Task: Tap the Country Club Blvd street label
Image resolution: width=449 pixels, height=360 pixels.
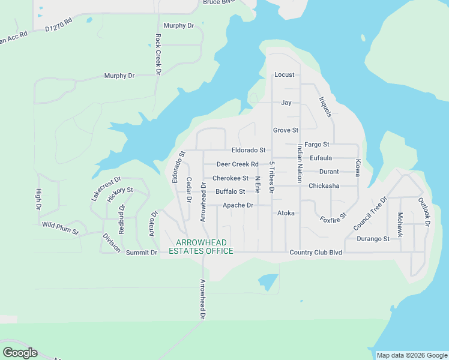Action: [x=315, y=253]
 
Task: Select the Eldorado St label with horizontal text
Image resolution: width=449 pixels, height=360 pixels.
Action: [x=248, y=150]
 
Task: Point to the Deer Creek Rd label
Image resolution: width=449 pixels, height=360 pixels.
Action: [x=237, y=164]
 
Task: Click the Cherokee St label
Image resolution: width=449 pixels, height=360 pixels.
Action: [x=231, y=178]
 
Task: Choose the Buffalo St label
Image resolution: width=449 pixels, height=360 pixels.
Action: [x=231, y=192]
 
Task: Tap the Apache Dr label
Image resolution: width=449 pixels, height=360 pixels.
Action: [x=238, y=205]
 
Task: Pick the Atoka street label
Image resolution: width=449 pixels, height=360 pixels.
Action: [x=286, y=213]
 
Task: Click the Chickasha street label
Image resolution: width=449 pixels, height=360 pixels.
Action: [x=324, y=186]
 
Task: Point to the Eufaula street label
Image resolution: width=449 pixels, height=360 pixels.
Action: [x=321, y=158]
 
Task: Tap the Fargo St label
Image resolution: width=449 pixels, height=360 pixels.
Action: [x=317, y=145]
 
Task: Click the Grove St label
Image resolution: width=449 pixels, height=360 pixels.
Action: [x=286, y=130]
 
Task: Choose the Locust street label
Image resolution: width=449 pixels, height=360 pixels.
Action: [x=285, y=75]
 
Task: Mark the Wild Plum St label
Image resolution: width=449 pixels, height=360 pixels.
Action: [x=61, y=228]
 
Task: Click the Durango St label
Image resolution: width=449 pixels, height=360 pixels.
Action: [x=373, y=239]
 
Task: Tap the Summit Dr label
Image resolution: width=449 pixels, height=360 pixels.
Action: [x=141, y=253]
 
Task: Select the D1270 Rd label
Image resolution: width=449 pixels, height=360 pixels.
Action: [x=58, y=24]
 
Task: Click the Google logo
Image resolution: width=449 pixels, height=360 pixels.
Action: [x=20, y=352]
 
